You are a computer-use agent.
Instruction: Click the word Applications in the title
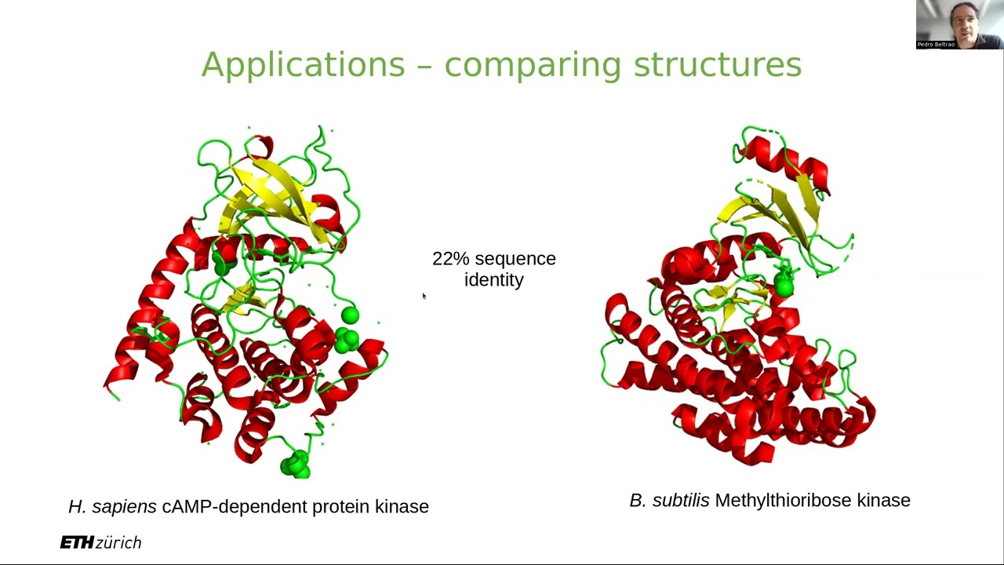point(303,64)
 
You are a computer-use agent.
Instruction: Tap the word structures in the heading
point(717,64)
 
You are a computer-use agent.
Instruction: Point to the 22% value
point(450,259)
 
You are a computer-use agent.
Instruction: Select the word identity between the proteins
point(494,280)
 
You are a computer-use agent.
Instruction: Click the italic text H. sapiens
point(112,507)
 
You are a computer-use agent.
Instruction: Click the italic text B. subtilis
point(669,501)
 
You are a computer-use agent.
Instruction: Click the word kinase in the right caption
point(883,501)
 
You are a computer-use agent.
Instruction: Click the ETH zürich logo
point(100,542)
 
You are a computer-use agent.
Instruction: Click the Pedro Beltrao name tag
point(936,45)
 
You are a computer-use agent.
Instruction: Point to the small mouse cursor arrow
point(424,296)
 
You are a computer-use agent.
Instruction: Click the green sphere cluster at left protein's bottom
point(296,465)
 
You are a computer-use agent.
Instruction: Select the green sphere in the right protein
point(783,286)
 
